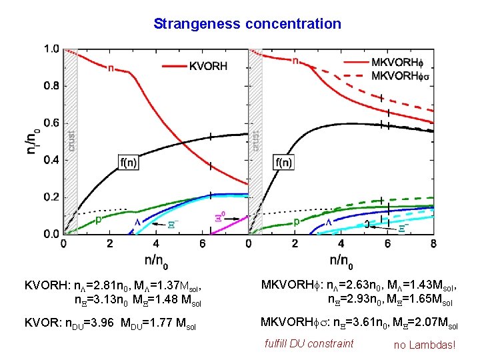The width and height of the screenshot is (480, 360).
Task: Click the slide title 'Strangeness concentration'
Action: (x=247, y=24)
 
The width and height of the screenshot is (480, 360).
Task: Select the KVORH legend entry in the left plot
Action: (x=208, y=66)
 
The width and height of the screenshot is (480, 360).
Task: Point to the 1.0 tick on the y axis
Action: (x=51, y=49)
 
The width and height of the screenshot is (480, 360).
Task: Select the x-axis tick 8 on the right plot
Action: (x=433, y=244)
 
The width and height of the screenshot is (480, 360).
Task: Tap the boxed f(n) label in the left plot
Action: (x=131, y=161)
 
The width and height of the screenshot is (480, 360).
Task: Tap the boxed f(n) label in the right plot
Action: (x=284, y=161)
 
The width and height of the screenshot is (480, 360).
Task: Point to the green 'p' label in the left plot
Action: (x=98, y=219)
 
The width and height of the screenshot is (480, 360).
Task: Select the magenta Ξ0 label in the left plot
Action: (x=221, y=217)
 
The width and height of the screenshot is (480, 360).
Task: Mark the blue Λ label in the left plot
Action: (x=139, y=221)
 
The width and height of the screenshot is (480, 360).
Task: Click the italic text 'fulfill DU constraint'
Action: (x=308, y=344)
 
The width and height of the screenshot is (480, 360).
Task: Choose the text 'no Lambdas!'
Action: (x=424, y=345)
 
